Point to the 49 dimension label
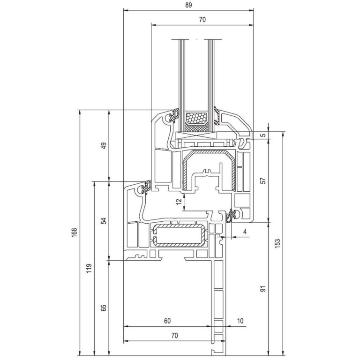tap(104, 145)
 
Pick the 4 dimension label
tap(245, 232)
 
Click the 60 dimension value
tap(167, 321)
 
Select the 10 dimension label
tap(240, 321)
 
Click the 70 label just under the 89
tap(202, 20)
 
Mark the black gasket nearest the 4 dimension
tap(231, 217)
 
